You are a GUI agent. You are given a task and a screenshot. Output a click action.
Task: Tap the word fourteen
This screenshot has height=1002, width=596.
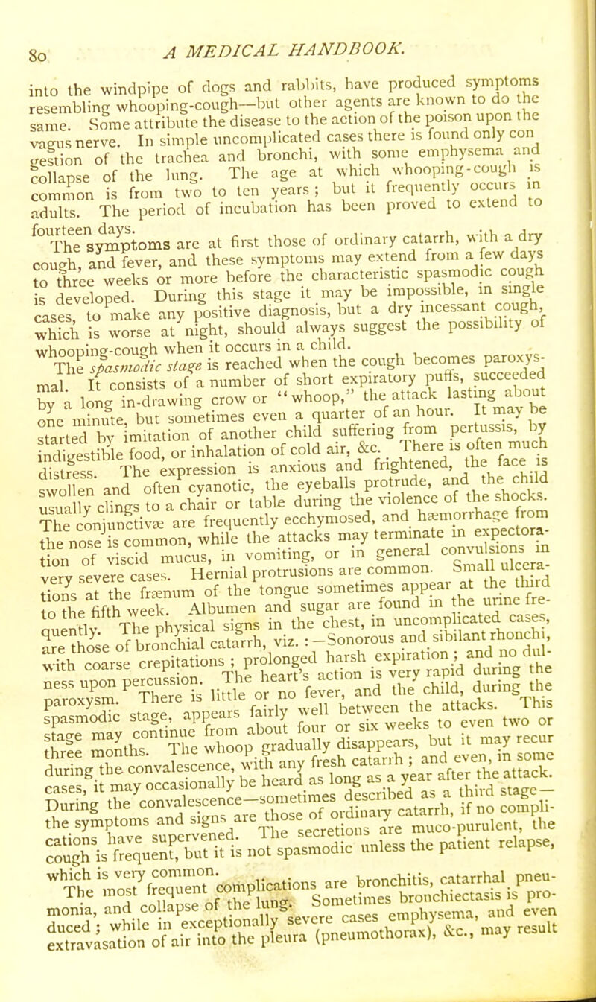point(70,219)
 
